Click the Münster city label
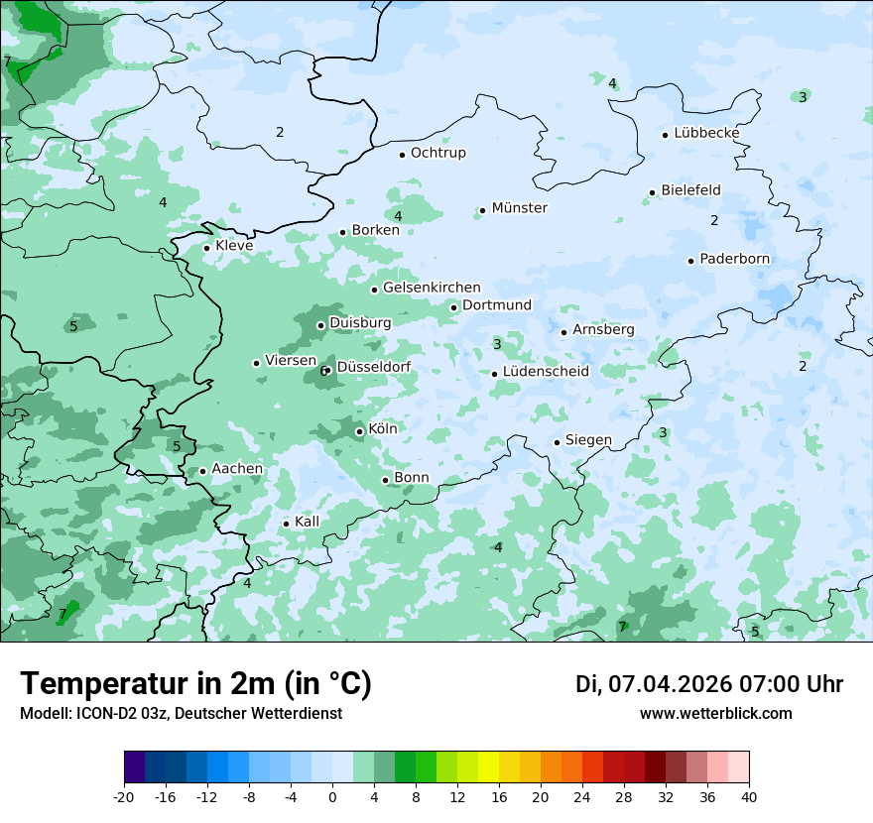coord(519,208)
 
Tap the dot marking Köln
coord(359,431)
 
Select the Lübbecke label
coord(706,133)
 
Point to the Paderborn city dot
coord(690,261)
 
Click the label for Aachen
coord(237,469)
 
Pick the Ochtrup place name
coord(437,153)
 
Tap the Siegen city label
coord(588,440)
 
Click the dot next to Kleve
coord(206,248)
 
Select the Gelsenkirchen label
coord(432,288)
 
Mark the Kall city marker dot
coord(286,524)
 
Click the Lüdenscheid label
coord(546,372)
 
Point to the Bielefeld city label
coord(690,190)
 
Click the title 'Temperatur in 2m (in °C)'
coord(195,683)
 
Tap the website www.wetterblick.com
coord(715,713)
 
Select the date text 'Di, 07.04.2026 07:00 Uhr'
coord(709,684)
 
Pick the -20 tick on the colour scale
coord(124,796)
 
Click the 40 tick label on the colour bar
coord(748,796)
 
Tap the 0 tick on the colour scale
coord(332,796)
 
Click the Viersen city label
coord(291,361)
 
